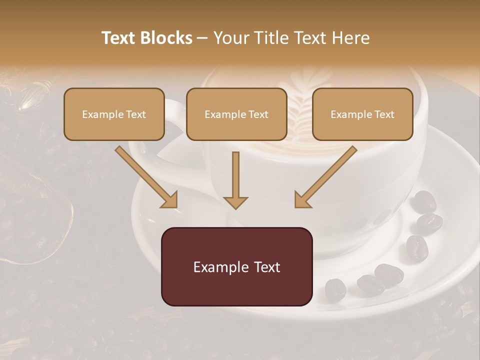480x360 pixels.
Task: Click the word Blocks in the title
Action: (167, 38)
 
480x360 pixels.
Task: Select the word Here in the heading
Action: (351, 38)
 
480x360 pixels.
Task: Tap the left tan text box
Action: (114, 114)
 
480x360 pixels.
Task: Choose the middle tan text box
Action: (236, 114)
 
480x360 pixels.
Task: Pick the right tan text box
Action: (362, 114)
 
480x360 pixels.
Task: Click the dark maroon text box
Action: (236, 266)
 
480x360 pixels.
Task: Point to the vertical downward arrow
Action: (235, 180)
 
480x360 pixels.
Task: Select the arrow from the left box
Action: (145, 176)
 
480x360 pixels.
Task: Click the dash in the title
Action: (202, 38)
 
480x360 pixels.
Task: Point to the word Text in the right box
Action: (384, 114)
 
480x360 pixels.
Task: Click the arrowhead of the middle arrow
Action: (235, 202)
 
